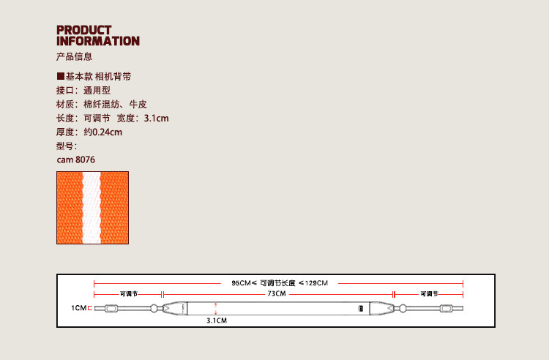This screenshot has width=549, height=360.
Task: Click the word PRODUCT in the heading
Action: (84, 30)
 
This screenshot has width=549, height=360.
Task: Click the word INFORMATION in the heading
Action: (97, 41)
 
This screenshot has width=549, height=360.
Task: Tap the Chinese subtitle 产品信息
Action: (74, 57)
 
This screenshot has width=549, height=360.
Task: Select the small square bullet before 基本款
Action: (61, 76)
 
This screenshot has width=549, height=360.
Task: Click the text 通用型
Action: (97, 90)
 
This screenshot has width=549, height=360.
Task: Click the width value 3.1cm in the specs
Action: (156, 118)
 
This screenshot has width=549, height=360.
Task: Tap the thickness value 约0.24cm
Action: (102, 132)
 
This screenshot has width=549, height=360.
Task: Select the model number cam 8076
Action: (75, 160)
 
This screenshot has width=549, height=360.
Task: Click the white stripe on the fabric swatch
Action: (92, 207)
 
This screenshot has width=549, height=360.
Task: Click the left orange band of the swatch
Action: (70, 207)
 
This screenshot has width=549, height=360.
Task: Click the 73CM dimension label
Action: (276, 293)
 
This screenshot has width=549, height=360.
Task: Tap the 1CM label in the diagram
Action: (79, 308)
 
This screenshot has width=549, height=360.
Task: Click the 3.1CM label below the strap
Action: (216, 320)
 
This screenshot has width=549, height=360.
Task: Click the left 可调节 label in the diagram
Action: (128, 293)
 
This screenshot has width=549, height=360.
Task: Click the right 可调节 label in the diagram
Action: (429, 293)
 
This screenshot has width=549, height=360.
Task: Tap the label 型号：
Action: (67, 146)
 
